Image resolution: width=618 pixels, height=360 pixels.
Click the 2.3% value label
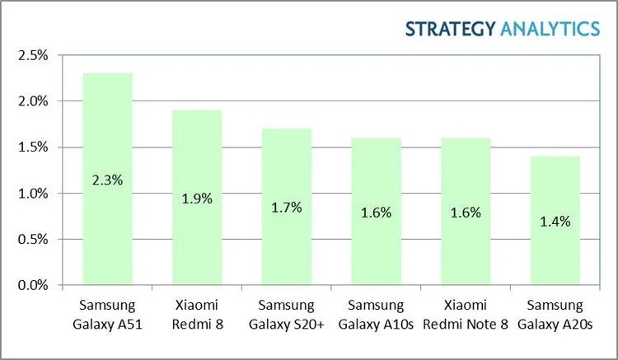point(108,179)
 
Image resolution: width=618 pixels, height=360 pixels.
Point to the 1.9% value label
point(197,198)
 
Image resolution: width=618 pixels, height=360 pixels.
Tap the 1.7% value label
point(287,207)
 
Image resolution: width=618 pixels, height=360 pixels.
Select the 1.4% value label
point(556,221)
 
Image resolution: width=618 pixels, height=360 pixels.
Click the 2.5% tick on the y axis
point(33,55)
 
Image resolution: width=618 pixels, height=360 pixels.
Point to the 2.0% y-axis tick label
point(33,101)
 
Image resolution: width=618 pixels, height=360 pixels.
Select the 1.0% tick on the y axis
point(33,194)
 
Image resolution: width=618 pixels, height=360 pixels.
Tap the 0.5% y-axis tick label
point(33,240)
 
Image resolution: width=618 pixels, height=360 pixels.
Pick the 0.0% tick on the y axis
point(33,286)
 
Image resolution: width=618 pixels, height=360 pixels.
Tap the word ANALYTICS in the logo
point(550,29)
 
